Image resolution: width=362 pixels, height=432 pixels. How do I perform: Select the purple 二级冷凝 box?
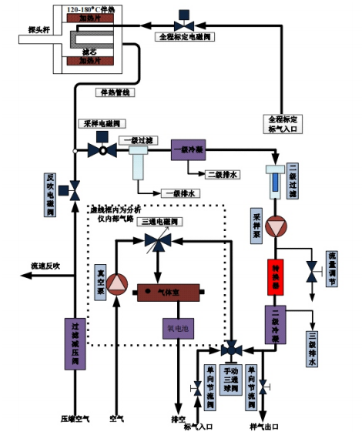tap(276, 326)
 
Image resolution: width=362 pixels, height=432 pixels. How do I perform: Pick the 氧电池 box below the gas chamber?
tap(176, 327)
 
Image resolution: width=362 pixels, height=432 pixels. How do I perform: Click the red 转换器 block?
tap(276, 276)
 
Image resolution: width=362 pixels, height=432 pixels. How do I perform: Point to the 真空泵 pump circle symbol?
tap(116, 284)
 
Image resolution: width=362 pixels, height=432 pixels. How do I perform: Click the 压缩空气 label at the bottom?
tap(75, 420)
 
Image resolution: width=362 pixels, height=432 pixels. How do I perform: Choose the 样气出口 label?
tap(264, 426)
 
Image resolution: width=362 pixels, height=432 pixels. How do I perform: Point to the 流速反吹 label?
tap(45, 266)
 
